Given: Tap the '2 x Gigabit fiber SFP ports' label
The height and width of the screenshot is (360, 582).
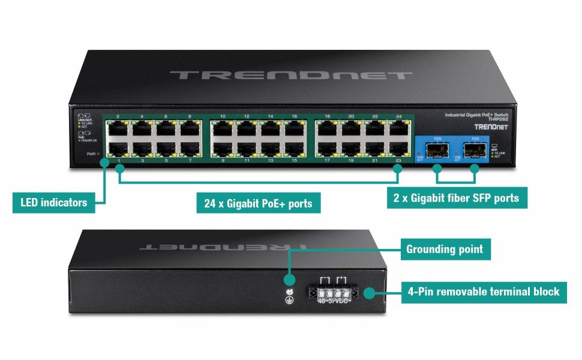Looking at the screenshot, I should [457, 196].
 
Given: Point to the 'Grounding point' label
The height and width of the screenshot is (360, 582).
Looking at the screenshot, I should [445, 249].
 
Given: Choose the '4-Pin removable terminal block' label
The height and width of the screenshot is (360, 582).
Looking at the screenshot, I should [483, 292].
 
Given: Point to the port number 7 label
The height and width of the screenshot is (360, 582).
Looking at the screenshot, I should [190, 161].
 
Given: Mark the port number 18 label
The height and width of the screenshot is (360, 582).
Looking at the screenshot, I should [328, 116].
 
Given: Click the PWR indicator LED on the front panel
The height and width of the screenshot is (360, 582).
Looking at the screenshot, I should [98, 154].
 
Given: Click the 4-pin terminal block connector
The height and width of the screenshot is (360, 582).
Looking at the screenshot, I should [332, 293].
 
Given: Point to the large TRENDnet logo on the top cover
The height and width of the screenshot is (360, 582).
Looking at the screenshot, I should [290, 75].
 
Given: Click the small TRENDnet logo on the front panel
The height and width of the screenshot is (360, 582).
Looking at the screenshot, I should [488, 127].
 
